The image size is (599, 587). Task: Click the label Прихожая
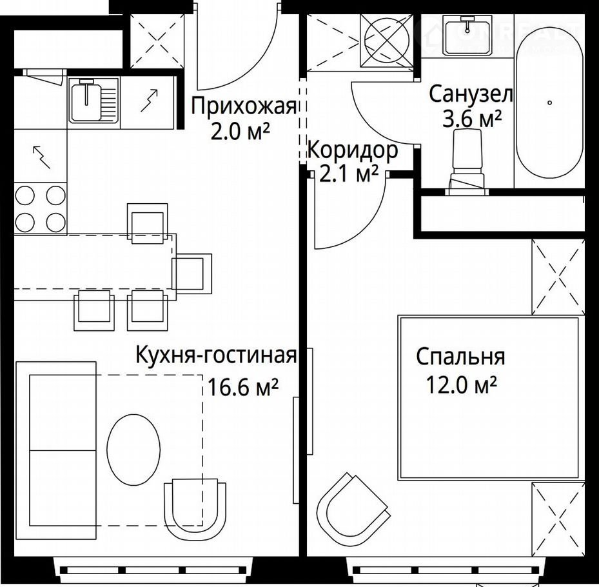pos(244,106)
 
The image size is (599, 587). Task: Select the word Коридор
pos(353,150)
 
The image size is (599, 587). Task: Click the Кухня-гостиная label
pos(216,355)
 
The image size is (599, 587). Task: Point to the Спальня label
pos(461,356)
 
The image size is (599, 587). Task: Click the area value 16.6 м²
pos(242,388)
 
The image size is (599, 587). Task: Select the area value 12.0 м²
pos(461,385)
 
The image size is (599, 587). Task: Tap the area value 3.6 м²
pos(472,119)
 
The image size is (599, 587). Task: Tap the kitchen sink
pos(93,100)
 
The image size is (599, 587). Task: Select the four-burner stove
pos(40,208)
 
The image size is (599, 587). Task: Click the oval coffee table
pos(133,450)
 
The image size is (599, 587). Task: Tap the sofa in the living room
pos(56,450)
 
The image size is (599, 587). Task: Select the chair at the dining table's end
pos(191,274)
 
